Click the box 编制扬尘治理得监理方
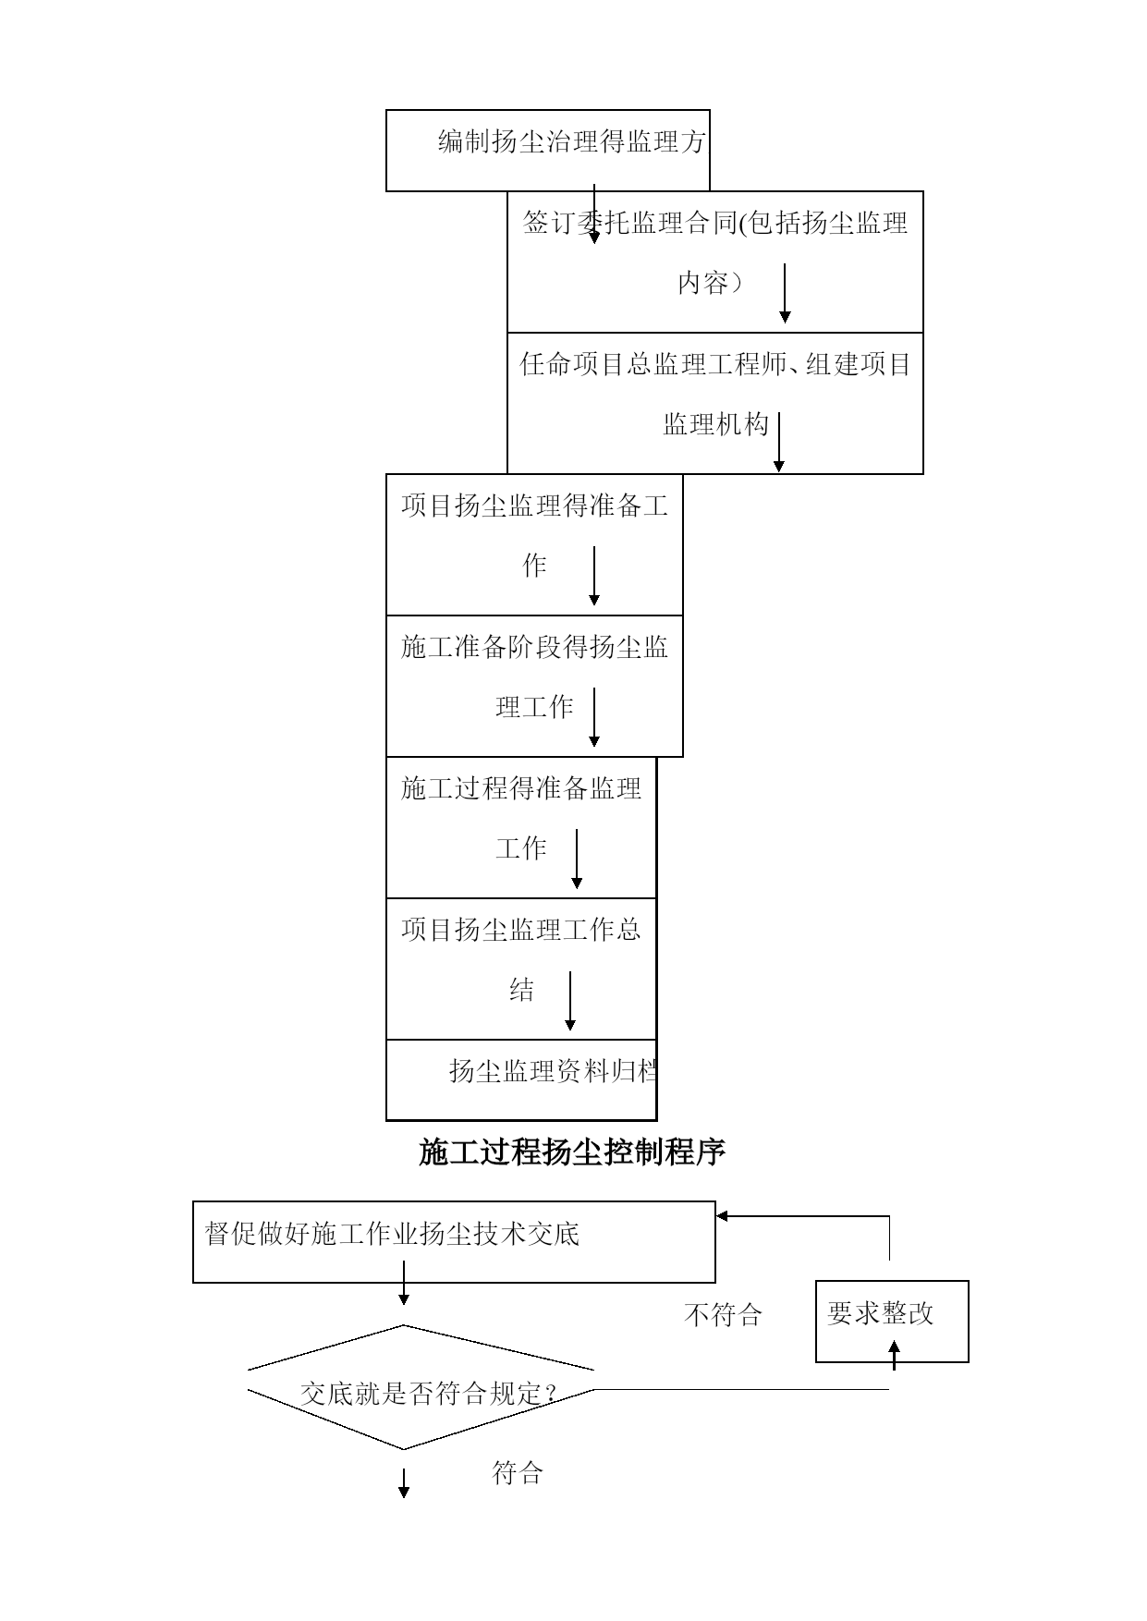(x=547, y=151)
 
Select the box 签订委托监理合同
(x=714, y=262)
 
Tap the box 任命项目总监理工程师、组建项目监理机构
(x=714, y=403)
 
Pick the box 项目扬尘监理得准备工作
(x=534, y=544)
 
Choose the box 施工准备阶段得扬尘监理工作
(x=534, y=686)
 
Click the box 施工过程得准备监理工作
(x=521, y=827)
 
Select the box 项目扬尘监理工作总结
(x=521, y=969)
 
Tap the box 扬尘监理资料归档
(x=521, y=1079)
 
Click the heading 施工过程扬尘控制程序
(x=572, y=1152)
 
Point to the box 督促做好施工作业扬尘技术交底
(x=454, y=1242)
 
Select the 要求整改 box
(x=892, y=1322)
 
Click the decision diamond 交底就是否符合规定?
(x=421, y=1387)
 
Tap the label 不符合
(x=723, y=1314)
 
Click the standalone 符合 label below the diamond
(x=517, y=1472)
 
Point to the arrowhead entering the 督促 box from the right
(x=722, y=1216)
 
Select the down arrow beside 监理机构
(x=779, y=443)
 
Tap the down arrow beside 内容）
(x=785, y=293)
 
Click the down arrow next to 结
(x=570, y=1001)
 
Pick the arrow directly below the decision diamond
(x=404, y=1482)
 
